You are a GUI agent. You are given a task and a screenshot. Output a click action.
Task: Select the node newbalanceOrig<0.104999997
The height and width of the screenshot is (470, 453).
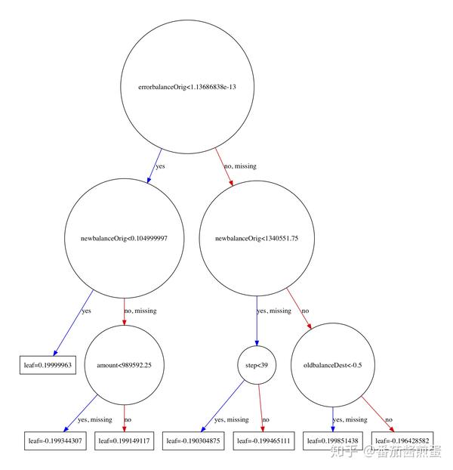[124, 237]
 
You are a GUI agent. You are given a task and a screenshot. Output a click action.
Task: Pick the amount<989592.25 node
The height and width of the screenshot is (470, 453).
[124, 365]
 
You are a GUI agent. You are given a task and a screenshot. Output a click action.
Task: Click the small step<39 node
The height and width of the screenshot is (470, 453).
[257, 365]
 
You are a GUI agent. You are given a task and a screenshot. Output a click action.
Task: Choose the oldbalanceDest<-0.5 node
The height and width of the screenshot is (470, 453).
[332, 365]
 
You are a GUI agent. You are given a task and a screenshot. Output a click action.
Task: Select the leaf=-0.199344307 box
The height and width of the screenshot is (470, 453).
[56, 441]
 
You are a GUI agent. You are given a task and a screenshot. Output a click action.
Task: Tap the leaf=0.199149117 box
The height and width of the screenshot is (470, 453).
[125, 441]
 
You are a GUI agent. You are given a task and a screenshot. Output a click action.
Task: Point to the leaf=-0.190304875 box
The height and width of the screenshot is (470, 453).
[193, 441]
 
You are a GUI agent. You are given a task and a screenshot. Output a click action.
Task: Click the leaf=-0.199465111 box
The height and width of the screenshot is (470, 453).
[263, 441]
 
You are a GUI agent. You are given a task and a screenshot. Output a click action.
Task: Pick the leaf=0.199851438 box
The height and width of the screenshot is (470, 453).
[332, 441]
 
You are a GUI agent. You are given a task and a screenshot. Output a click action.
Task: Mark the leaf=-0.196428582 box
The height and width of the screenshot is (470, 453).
[402, 441]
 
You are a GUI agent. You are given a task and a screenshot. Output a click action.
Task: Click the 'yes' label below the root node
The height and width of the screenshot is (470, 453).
[160, 165]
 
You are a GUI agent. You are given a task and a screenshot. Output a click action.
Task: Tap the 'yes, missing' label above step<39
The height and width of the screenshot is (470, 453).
[274, 311]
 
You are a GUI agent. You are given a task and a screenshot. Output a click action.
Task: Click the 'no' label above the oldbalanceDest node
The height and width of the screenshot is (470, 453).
[305, 311]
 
